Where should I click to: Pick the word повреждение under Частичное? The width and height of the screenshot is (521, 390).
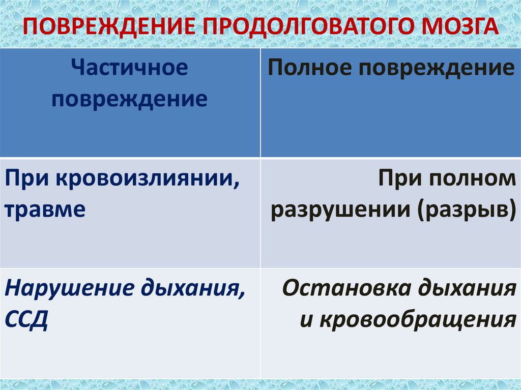tap(129, 99)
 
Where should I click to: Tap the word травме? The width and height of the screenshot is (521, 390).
tap(45, 209)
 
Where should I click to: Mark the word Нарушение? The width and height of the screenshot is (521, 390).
tap(61, 290)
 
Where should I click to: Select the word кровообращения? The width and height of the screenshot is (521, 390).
tap(417, 319)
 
